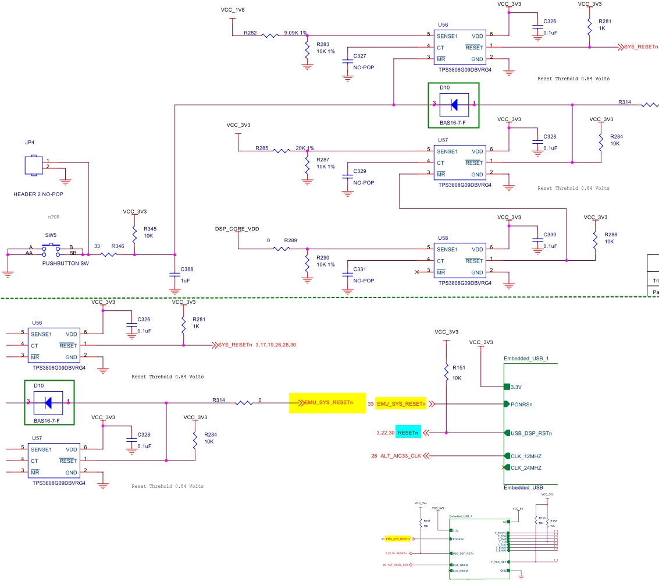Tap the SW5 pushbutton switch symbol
point(51,250)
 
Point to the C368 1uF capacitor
point(174,274)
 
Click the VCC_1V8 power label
point(233,10)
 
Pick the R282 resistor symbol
point(270,36)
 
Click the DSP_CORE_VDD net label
point(237,229)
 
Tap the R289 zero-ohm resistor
point(282,249)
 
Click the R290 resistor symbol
point(307,261)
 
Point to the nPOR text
point(54,217)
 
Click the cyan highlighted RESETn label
point(408,433)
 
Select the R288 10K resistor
point(594,239)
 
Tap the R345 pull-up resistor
point(134,233)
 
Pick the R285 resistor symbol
point(282,151)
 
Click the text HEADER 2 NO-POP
point(38,194)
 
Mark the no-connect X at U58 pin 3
point(416,272)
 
